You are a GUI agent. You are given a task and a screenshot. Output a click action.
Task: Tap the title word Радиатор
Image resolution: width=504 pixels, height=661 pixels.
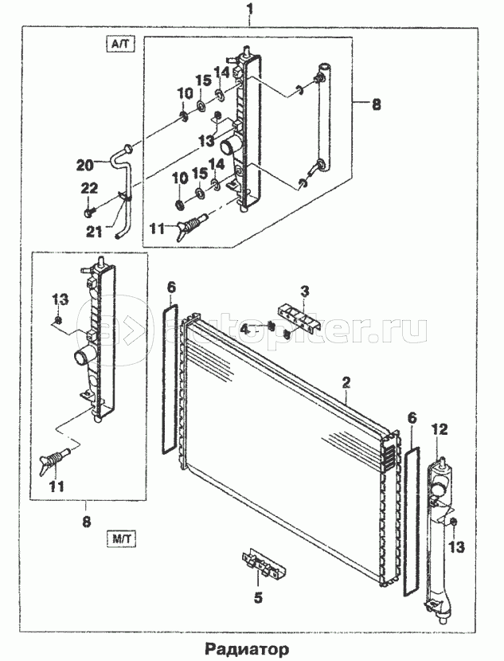250,648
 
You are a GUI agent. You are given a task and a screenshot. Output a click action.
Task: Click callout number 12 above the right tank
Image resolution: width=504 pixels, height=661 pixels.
440,429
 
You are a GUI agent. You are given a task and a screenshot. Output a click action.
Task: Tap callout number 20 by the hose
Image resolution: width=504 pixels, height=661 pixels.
85,165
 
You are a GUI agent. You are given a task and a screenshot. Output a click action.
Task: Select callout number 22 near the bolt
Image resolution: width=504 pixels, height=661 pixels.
89,187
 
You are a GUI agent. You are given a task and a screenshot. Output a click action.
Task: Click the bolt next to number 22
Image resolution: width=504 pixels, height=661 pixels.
88,212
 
